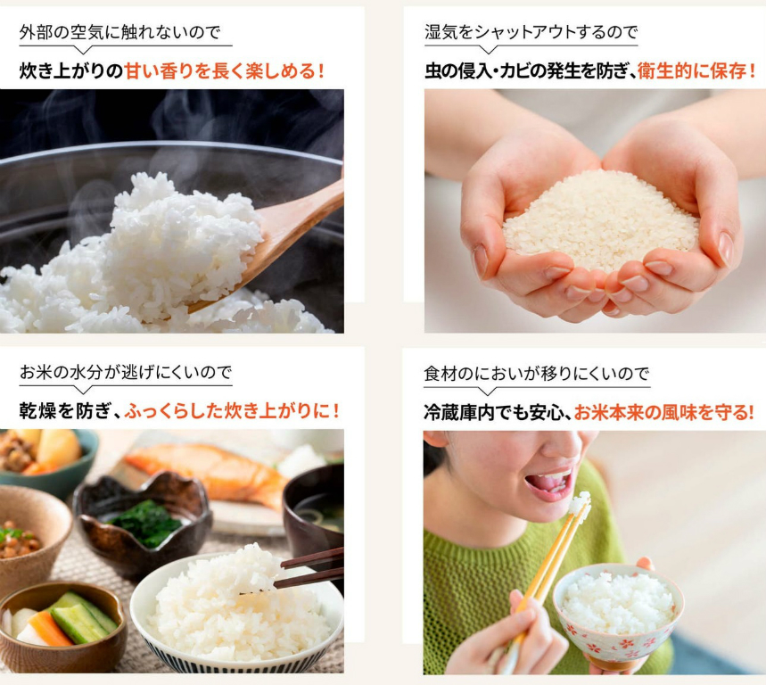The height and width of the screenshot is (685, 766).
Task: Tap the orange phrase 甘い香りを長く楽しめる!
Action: pyautogui.click(x=224, y=70)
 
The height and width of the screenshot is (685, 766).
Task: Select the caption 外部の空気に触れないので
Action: pyautogui.click(x=119, y=32)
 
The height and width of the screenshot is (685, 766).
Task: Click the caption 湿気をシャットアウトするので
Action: pyautogui.click(x=531, y=32)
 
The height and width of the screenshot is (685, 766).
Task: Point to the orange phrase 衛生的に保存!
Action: pyautogui.click(x=696, y=70)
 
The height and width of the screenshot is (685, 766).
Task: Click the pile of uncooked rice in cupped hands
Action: pyautogui.click(x=600, y=220)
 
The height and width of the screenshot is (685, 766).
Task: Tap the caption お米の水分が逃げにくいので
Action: pyautogui.click(x=126, y=372)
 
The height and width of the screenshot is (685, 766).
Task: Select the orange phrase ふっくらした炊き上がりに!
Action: pyautogui.click(x=232, y=411)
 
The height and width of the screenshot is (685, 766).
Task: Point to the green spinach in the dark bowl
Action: pyautogui.click(x=146, y=523)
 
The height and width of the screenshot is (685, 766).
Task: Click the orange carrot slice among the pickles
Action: pyautogui.click(x=48, y=630)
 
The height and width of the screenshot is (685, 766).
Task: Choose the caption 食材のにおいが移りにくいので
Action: pyautogui.click(x=537, y=374)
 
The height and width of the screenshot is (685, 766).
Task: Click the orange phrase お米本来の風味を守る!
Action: pyautogui.click(x=664, y=413)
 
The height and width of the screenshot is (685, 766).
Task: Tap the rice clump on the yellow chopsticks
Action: pyautogui.click(x=580, y=504)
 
